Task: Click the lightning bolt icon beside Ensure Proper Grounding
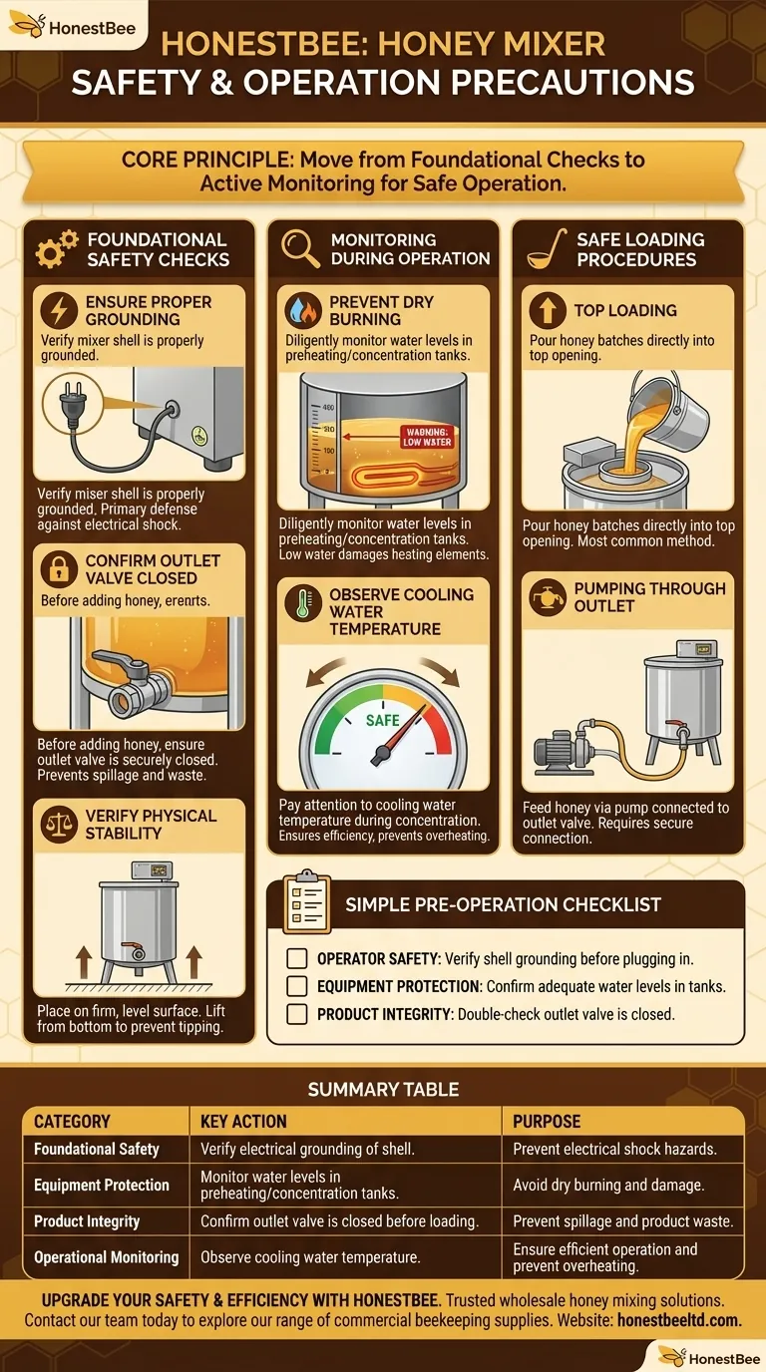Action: (59, 309)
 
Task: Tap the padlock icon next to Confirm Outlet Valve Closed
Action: (59, 568)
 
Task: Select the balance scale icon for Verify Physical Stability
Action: (59, 824)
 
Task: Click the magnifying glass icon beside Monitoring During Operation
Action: (300, 248)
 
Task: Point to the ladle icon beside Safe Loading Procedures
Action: (545, 248)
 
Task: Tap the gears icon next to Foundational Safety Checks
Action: (56, 248)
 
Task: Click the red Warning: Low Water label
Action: (426, 436)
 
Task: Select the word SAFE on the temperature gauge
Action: (383, 720)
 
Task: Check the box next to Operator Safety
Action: (296, 958)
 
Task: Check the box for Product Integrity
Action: (296, 1014)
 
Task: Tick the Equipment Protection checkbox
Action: (296, 986)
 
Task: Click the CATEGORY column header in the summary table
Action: (72, 1121)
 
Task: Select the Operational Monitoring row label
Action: (106, 1257)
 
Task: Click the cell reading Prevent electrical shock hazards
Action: (614, 1149)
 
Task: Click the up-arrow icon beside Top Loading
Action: (547, 310)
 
